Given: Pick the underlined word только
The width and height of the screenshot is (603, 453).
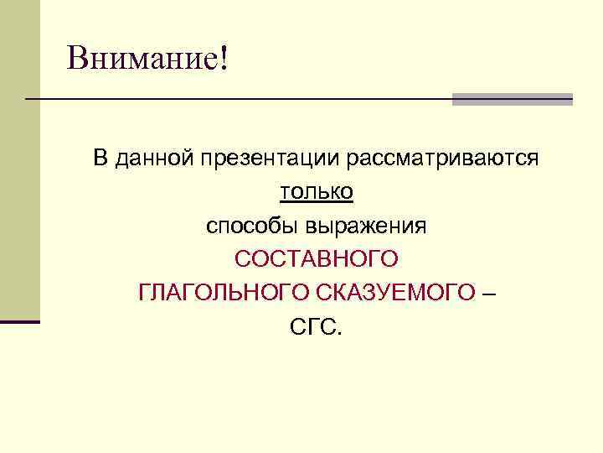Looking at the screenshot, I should [317, 192].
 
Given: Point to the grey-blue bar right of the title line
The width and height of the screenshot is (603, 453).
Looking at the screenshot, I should [512, 99].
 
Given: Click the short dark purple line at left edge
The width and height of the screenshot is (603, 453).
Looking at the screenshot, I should [20, 321].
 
